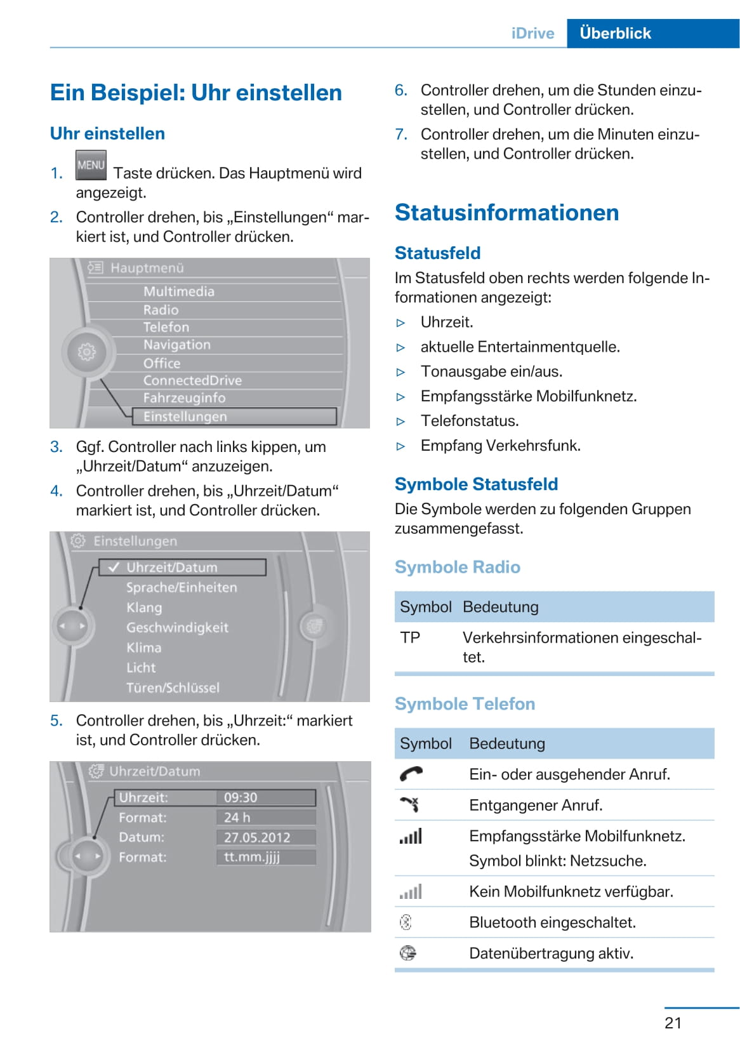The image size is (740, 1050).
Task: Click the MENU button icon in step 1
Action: point(90,165)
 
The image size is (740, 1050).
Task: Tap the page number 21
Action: point(673,1023)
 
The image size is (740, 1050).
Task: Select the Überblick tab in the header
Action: point(615,33)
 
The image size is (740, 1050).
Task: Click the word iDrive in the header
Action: point(532,33)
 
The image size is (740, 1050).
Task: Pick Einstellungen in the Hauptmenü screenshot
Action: point(185,416)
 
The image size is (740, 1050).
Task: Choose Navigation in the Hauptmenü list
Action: point(176,345)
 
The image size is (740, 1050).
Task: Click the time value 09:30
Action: point(241,797)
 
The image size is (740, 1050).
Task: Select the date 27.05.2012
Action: point(256,837)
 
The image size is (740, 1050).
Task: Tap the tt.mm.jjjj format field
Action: point(251,857)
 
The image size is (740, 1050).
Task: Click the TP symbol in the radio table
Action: point(410,637)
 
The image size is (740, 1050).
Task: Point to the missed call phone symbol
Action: point(409,805)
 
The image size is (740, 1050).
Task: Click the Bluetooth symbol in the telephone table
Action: point(406,922)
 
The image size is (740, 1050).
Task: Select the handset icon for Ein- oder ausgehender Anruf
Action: point(411,774)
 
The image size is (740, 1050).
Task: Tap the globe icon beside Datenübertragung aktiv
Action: point(407,953)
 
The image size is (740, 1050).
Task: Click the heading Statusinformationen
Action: point(506,213)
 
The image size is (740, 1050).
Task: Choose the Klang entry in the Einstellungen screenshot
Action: point(144,608)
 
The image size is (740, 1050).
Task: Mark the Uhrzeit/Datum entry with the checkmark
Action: point(171,568)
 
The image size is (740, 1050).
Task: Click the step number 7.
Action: point(400,135)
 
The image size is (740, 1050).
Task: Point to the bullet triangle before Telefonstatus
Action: point(400,422)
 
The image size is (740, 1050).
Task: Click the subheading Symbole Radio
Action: point(457,567)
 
